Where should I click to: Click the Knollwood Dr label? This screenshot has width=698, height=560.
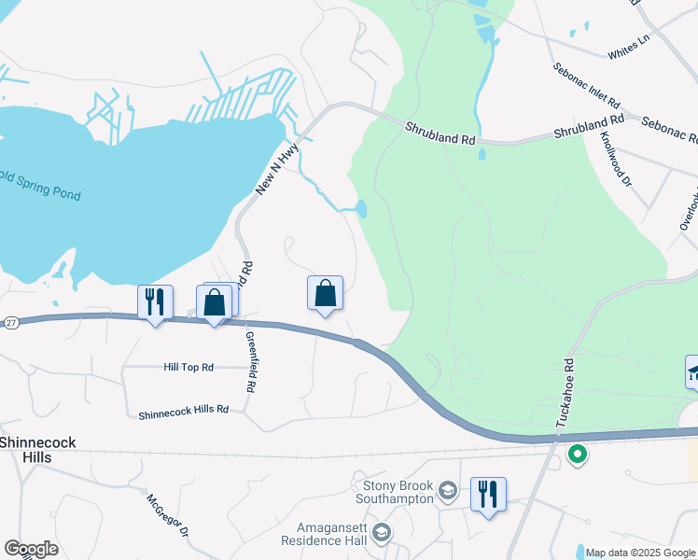(617, 158)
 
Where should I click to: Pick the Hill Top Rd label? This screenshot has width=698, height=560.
(188, 367)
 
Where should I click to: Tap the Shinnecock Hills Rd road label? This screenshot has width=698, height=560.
(183, 411)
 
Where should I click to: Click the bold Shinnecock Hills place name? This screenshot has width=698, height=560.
(37, 450)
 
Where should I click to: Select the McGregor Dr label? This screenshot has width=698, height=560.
(167, 513)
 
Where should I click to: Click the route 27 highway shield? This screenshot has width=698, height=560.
(10, 322)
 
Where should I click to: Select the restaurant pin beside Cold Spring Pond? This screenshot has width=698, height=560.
(155, 301)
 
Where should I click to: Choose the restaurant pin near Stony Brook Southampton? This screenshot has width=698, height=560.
(488, 494)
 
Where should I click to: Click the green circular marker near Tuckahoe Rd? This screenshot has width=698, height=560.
(578, 455)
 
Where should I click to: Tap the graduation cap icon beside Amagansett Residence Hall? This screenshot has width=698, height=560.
(381, 533)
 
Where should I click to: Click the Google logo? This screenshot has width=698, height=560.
(31, 549)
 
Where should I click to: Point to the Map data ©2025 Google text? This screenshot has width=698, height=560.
(641, 553)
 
